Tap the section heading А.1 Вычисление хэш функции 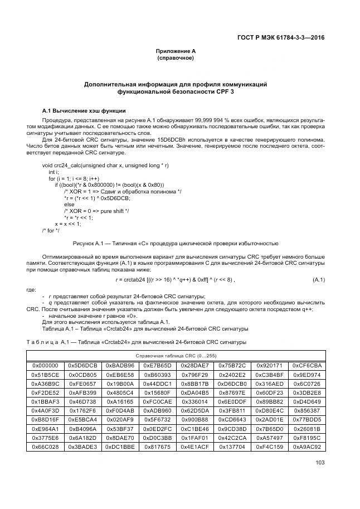[84, 111]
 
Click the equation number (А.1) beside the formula [318, 279]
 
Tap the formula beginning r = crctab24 [175, 279]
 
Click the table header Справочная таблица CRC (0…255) [176, 355]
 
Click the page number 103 [320, 462]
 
